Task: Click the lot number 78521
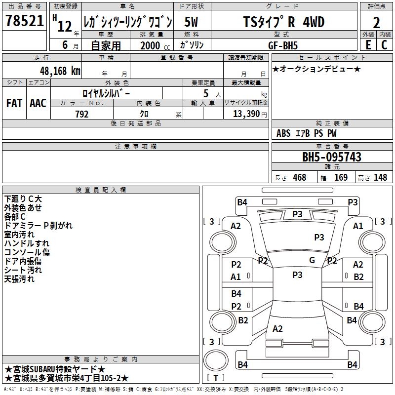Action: pyautogui.click(x=24, y=21)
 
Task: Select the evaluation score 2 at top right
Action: pyautogui.click(x=376, y=22)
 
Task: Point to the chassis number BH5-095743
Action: pyautogui.click(x=332, y=158)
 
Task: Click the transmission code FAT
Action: pyautogui.click(x=14, y=103)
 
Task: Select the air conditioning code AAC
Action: pyautogui.click(x=38, y=103)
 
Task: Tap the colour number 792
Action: pyautogui.click(x=81, y=114)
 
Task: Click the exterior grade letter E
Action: pyautogui.click(x=368, y=44)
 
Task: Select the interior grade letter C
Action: pyautogui.click(x=384, y=44)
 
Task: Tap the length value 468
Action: pyautogui.click(x=299, y=177)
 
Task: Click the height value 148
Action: pyautogui.click(x=380, y=177)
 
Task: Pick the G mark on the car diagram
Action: pyautogui.click(x=312, y=260)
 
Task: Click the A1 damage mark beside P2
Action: pyautogui.click(x=236, y=277)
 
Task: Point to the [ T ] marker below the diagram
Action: pyautogui.click(x=215, y=378)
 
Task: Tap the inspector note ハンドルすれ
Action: pyautogui.click(x=27, y=243)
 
